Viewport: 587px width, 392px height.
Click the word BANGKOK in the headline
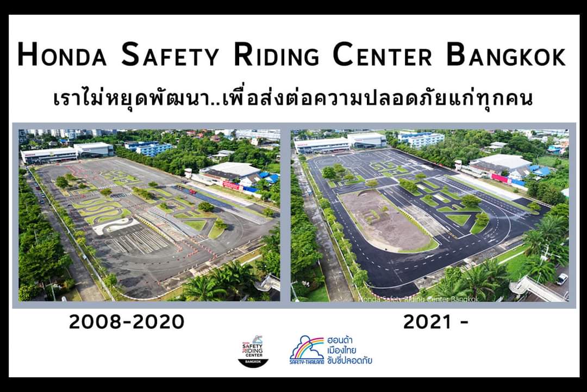click(506, 56)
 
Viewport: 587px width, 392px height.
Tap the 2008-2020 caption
click(127, 322)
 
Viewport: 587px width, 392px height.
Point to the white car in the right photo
click(561, 279)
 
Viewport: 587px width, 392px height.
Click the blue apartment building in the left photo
click(148, 148)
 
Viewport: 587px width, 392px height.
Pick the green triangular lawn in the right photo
click(460, 219)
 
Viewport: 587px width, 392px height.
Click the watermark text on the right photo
click(419, 298)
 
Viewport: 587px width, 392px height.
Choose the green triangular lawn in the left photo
click(196, 224)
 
